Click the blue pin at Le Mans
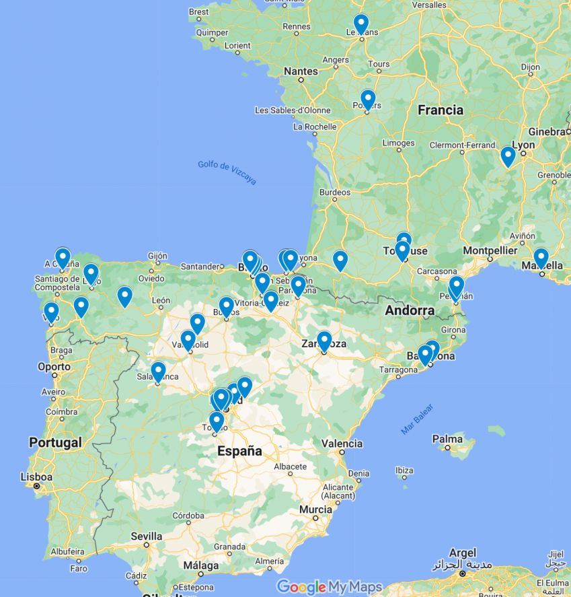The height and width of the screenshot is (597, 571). tap(361, 24)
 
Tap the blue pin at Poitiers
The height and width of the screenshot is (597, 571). tap(368, 99)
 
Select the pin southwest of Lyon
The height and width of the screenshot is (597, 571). tap(508, 156)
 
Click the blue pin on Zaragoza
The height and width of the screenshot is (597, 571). tap(324, 341)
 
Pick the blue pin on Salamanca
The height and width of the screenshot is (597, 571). tap(158, 372)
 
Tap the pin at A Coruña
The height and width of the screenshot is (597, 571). tap(63, 257)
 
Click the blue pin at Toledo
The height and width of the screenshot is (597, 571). tap(216, 421)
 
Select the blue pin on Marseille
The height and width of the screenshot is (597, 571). tap(541, 258)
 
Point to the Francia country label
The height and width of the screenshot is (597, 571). tap(441, 110)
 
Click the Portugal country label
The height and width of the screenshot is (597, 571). tap(55, 442)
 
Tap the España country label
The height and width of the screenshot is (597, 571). tap(239, 452)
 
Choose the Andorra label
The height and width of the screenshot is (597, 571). tap(410, 310)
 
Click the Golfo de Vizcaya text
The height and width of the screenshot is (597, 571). tap(227, 173)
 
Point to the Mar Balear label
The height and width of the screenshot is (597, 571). tap(417, 419)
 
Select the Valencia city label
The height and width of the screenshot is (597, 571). tap(342, 444)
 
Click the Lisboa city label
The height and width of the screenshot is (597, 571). tap(36, 477)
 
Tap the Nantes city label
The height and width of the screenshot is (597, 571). tap(301, 71)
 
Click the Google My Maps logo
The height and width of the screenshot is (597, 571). tap(329, 587)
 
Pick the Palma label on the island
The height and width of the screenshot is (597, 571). tap(447, 440)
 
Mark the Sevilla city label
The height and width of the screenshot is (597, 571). tap(146, 536)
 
